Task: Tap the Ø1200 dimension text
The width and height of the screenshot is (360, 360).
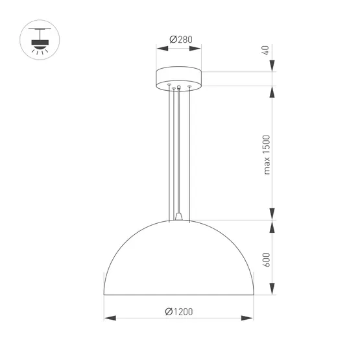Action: pos(179,311)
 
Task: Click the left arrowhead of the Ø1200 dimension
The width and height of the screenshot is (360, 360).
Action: pos(110,318)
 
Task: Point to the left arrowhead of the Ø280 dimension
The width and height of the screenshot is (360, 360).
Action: pos(160,47)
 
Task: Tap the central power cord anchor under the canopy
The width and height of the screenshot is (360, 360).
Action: pos(179,86)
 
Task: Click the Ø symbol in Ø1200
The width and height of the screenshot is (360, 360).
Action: pos(168,311)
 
